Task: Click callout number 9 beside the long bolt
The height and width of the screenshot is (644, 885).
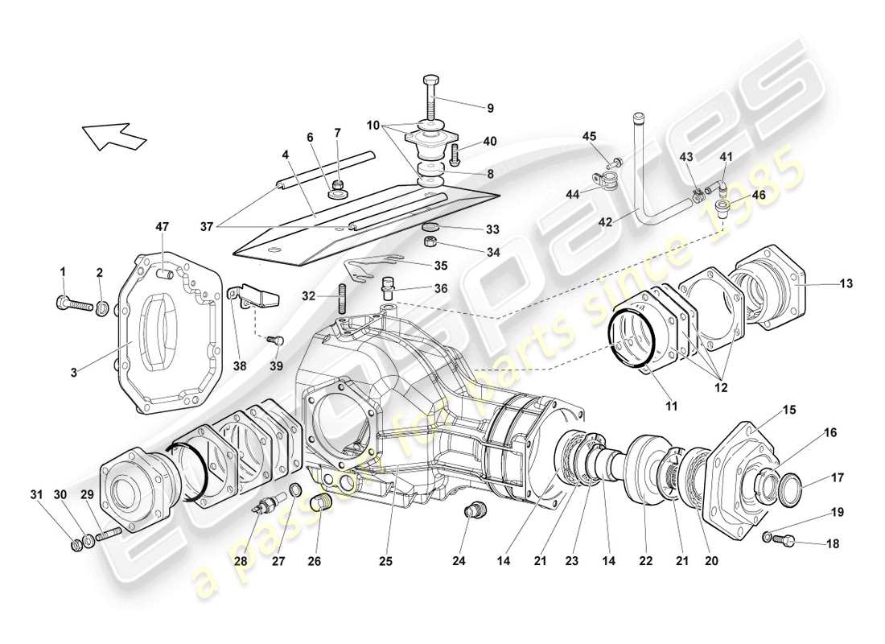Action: [x=489, y=108]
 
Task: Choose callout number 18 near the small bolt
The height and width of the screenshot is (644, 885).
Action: [x=833, y=544]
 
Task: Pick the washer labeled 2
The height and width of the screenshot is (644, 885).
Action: [x=103, y=306]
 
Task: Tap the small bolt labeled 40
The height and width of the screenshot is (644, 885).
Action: [x=456, y=151]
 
